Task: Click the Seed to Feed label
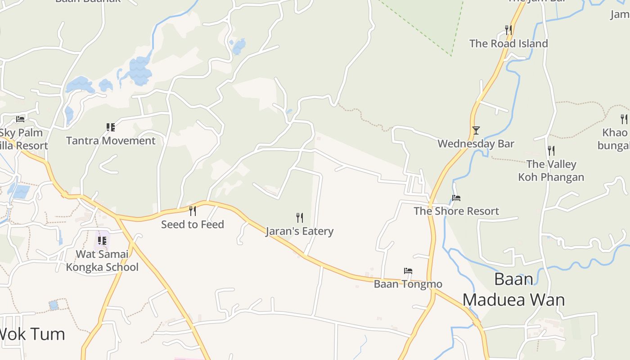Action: pyautogui.click(x=193, y=224)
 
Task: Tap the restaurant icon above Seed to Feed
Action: pyautogui.click(x=193, y=210)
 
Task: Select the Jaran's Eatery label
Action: pyautogui.click(x=299, y=231)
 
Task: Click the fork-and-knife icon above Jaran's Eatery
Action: pyautogui.click(x=300, y=218)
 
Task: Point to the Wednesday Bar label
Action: pyautogui.click(x=476, y=144)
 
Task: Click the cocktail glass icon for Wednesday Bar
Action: pyautogui.click(x=476, y=130)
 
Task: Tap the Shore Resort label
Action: pyautogui.click(x=456, y=211)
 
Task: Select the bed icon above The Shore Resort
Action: pyautogui.click(x=456, y=198)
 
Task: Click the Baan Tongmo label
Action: pyautogui.click(x=408, y=284)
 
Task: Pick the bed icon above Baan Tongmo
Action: pyautogui.click(x=408, y=271)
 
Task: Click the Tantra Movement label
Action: pyautogui.click(x=111, y=140)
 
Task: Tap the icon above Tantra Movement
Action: pyautogui.click(x=111, y=127)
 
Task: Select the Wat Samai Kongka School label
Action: pyautogui.click(x=102, y=261)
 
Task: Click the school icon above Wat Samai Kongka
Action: pyautogui.click(x=102, y=241)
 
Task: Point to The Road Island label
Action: pyautogui.click(x=508, y=44)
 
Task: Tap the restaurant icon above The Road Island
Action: pyautogui.click(x=508, y=30)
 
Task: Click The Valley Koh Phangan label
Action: pyautogui.click(x=551, y=171)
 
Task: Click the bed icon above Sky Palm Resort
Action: pyautogui.click(x=20, y=119)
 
